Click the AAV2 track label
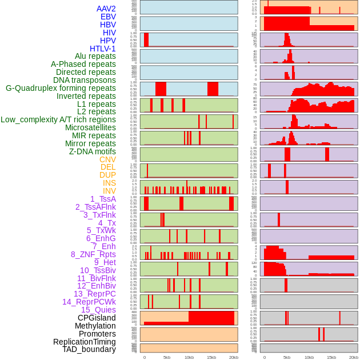(x=106, y=9)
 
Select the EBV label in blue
(x=108, y=17)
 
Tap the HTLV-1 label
(x=102, y=49)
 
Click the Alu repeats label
(x=95, y=56)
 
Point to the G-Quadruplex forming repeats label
(x=61, y=88)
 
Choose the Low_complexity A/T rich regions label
(x=58, y=119)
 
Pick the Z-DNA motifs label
(x=92, y=151)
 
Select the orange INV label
(x=109, y=191)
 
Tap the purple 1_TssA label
(x=103, y=199)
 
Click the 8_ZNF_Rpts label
(x=93, y=254)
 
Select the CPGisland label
(x=97, y=318)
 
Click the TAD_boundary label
(x=89, y=349)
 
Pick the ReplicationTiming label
(x=84, y=342)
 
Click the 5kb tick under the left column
(x=167, y=357)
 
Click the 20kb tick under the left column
(x=234, y=357)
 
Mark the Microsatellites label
(x=90, y=127)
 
